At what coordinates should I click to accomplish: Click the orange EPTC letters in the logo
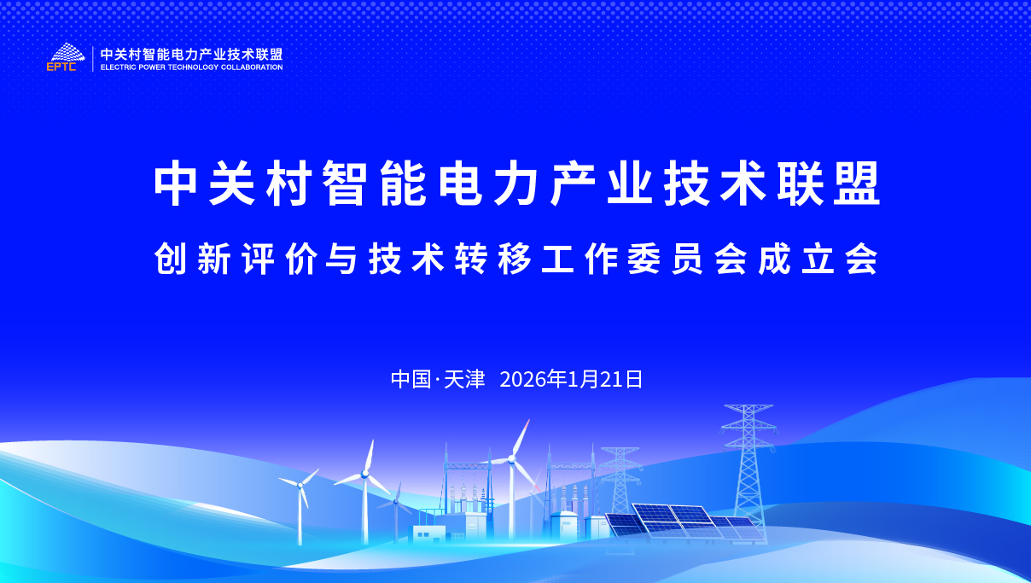(61, 67)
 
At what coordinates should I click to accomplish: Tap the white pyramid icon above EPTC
(67, 52)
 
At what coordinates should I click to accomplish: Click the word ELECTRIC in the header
(119, 67)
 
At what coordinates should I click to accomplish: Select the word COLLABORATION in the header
(252, 67)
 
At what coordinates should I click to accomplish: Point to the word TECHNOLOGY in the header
(193, 67)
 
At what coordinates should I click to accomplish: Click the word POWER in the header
(152, 67)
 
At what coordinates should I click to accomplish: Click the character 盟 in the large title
(857, 183)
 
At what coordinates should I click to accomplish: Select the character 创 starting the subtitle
(171, 259)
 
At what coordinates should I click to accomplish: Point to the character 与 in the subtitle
(341, 259)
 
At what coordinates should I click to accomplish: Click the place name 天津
(465, 380)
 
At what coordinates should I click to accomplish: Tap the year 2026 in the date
(523, 380)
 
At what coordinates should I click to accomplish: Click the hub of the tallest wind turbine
(511, 458)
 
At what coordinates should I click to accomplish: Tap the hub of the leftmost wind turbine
(300, 486)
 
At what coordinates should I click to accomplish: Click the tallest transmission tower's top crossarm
(748, 407)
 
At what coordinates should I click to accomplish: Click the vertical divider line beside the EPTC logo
(93, 59)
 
